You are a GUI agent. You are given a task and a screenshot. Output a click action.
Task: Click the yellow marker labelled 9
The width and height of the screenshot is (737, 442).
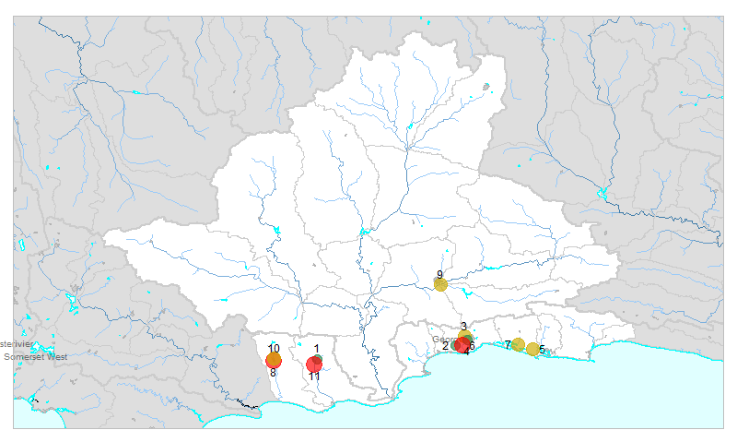[440, 284]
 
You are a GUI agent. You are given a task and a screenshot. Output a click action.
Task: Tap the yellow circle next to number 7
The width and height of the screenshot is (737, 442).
[518, 345]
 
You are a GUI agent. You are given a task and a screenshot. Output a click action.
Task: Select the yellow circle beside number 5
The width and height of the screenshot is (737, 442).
[532, 349]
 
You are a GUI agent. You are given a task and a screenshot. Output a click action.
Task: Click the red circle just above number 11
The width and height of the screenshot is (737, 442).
[314, 364]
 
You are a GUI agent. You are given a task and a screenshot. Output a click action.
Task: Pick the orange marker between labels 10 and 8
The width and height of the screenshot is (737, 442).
[274, 360]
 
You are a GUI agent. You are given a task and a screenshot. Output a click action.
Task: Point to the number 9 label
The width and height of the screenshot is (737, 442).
[439, 275]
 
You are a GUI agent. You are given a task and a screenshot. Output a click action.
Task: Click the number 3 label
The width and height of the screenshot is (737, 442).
[462, 327]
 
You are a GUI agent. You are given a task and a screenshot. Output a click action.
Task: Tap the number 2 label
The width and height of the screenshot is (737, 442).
[445, 346]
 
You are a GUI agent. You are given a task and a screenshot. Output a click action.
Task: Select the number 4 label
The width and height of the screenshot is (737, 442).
[466, 353]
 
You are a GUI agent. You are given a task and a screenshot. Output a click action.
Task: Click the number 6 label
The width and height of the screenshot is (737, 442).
[473, 346]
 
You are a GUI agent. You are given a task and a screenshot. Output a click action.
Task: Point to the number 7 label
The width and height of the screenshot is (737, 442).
[507, 345]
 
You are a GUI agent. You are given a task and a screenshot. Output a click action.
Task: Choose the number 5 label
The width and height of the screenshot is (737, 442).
[542, 350]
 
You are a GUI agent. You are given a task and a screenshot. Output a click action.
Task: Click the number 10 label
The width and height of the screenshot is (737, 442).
[274, 349]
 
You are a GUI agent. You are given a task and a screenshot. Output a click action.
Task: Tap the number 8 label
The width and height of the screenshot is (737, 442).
[273, 373]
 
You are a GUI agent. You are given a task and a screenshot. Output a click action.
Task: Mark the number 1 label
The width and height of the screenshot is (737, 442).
[316, 349]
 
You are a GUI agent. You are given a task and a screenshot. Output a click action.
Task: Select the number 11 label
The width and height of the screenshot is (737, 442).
[314, 376]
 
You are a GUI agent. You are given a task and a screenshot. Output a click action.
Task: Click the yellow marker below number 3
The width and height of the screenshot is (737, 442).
[465, 337]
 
